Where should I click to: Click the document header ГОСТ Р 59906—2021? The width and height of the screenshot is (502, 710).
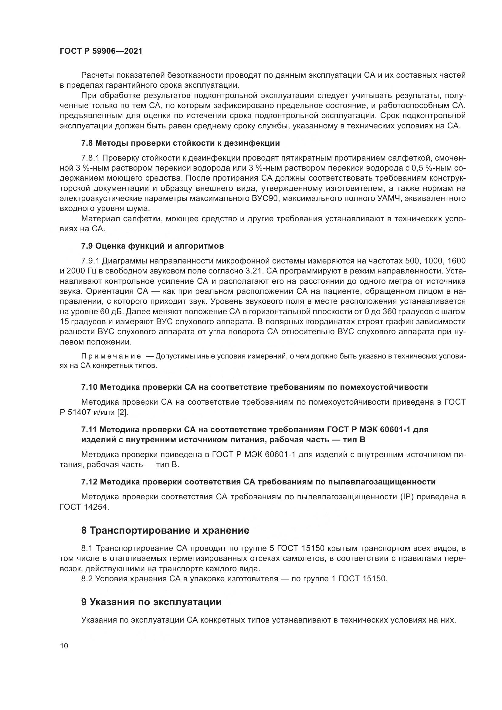pos(101,51)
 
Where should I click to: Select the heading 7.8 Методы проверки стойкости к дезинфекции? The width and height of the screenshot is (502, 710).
pos(180,143)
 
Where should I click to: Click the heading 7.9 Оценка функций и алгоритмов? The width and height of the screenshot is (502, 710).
pos(152,246)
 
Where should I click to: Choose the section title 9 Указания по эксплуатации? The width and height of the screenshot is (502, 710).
pos(151,602)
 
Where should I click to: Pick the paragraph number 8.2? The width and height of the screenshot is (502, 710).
pos(87,579)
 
